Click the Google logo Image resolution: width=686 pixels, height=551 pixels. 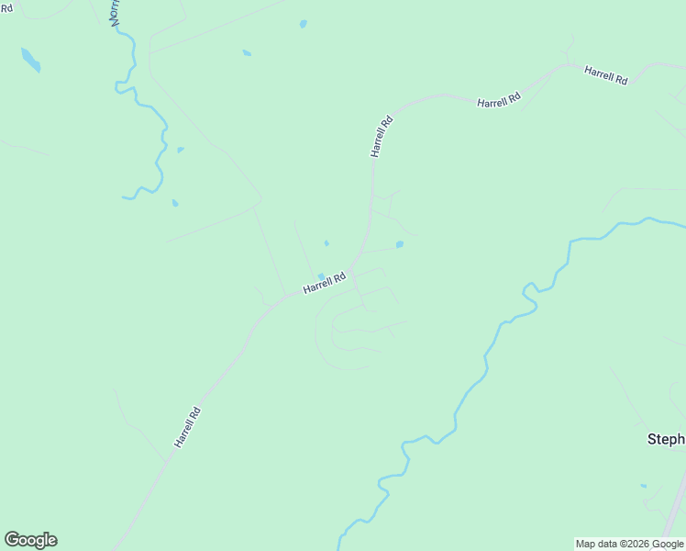click(x=30, y=540)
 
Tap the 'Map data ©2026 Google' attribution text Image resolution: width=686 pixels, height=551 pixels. click(x=629, y=544)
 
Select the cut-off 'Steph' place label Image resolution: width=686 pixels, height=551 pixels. click(x=666, y=439)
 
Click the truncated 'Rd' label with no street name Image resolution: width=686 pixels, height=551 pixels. click(x=6, y=8)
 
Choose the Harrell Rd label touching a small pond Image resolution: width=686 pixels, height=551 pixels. click(x=326, y=282)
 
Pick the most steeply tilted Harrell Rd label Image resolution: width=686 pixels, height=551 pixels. click(x=382, y=136)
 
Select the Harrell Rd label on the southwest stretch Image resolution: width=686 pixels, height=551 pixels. click(x=187, y=428)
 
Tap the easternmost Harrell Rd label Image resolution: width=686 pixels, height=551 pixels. click(x=605, y=75)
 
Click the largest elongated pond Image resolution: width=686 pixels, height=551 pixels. click(x=30, y=60)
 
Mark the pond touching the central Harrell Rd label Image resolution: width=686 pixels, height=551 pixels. click(x=320, y=275)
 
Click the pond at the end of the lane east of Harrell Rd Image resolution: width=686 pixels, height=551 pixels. click(x=399, y=244)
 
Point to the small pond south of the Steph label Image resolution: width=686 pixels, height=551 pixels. click(x=644, y=486)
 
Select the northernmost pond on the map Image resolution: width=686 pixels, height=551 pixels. click(x=303, y=24)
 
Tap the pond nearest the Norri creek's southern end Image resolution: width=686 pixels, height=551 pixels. click(x=174, y=203)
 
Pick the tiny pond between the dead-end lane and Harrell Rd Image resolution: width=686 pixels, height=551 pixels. click(x=326, y=243)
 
